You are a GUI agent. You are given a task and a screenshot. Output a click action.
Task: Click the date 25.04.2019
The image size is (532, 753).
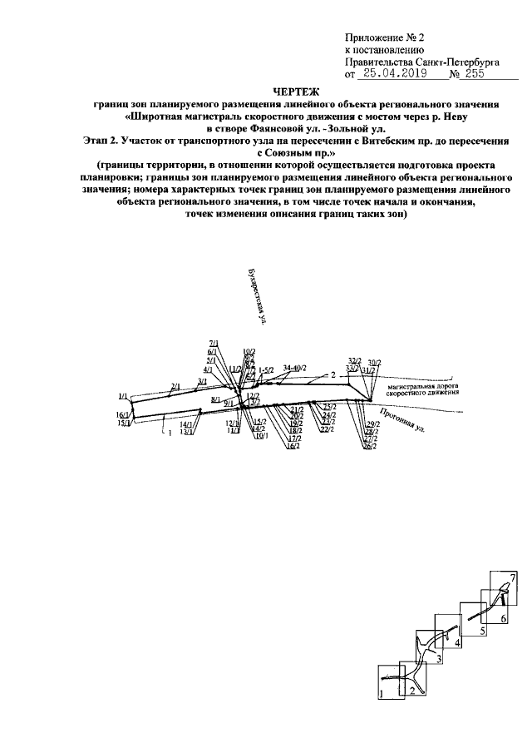click(x=392, y=74)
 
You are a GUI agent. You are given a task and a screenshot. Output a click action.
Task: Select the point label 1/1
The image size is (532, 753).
click(x=123, y=396)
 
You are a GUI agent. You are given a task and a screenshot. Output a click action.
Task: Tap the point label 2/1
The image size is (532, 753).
click(x=175, y=386)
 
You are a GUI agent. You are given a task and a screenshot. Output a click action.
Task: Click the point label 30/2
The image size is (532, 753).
click(x=374, y=363)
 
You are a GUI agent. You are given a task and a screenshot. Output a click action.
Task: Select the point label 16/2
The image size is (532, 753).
click(x=291, y=446)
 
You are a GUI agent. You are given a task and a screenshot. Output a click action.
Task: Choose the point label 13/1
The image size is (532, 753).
click(x=187, y=432)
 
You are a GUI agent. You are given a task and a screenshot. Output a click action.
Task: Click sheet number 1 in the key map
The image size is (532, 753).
click(x=382, y=693)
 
